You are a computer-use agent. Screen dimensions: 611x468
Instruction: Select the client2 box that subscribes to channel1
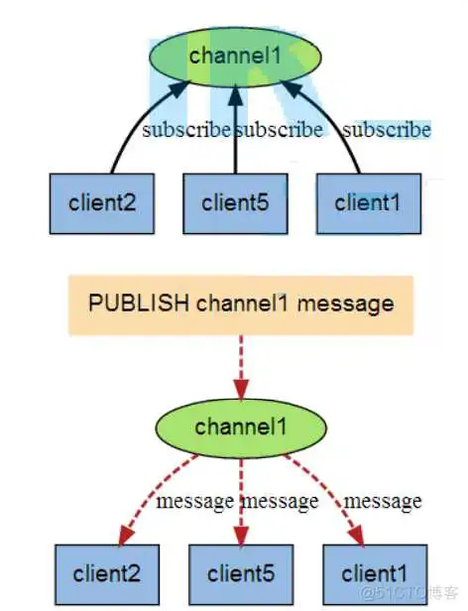click(x=102, y=204)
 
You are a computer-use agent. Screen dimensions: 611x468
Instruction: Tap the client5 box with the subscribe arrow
click(x=235, y=204)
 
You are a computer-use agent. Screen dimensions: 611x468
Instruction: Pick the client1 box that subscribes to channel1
click(x=368, y=204)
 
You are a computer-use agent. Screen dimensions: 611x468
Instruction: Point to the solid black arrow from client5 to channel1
click(x=235, y=129)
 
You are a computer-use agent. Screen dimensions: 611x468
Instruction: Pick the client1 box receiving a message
click(x=374, y=573)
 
